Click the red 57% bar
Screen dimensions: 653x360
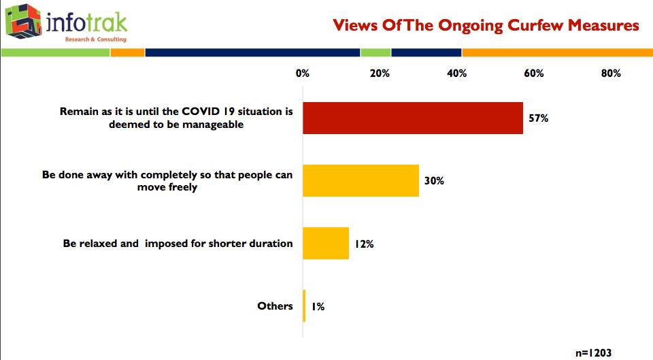pos(413,118)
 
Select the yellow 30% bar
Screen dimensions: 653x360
pos(361,180)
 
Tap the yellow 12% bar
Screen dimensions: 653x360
pos(326,244)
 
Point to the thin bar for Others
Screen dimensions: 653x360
pos(304,306)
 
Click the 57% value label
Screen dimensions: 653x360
pos(539,118)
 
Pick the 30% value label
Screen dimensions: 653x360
pos(434,181)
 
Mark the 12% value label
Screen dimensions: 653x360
pos(364,244)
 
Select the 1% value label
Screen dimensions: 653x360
pos(318,307)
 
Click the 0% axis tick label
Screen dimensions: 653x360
pos(303,73)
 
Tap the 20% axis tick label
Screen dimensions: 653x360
pos(380,73)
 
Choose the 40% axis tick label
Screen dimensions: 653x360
pos(457,73)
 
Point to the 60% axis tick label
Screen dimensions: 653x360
pos(534,73)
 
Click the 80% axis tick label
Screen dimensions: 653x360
pos(611,73)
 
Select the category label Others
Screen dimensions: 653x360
pos(275,306)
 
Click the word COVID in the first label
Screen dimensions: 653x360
pos(201,111)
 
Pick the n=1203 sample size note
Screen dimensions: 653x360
pos(593,353)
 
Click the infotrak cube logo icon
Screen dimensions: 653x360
pos(24,21)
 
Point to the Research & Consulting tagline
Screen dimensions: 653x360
pos(96,39)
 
